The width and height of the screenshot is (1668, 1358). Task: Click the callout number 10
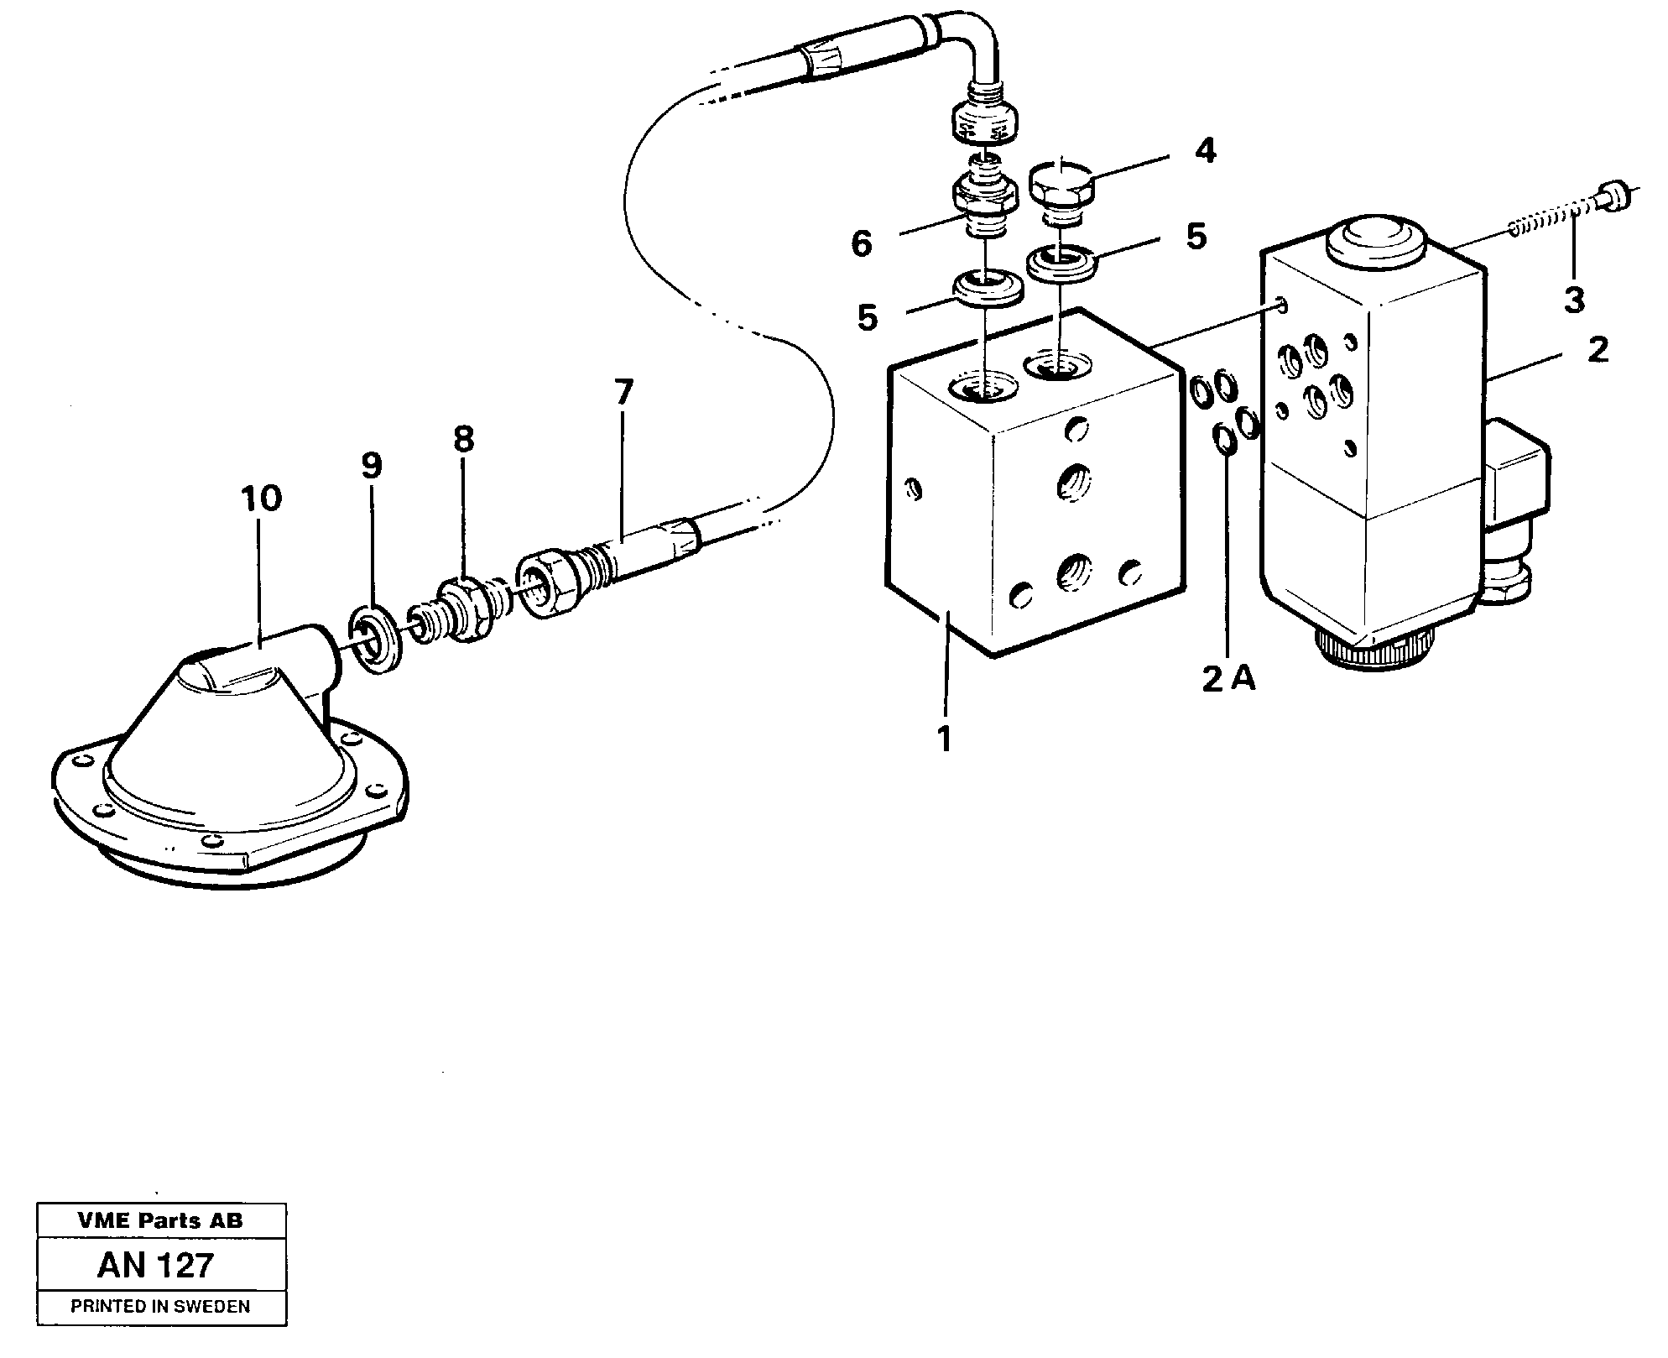click(261, 499)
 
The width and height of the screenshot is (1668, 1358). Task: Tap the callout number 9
click(372, 465)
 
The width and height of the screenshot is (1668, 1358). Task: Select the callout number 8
click(463, 438)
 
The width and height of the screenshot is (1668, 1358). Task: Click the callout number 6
click(861, 243)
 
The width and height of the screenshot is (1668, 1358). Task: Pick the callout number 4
click(1205, 151)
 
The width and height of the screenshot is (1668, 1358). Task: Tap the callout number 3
click(1573, 300)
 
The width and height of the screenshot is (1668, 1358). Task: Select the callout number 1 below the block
click(945, 739)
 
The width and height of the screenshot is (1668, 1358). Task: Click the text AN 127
click(156, 1265)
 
